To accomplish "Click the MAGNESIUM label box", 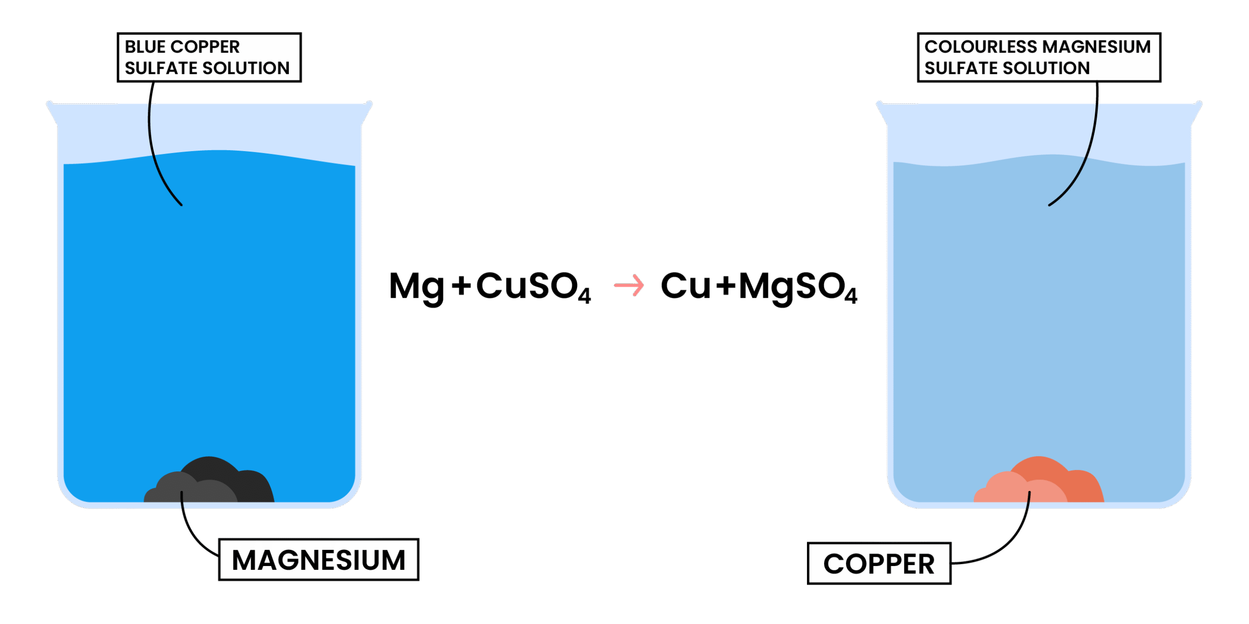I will click(318, 560).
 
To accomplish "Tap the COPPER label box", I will click(879, 564).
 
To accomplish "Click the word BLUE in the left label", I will click(145, 47).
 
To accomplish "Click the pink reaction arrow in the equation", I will click(628, 286).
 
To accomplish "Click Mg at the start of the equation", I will click(416, 287).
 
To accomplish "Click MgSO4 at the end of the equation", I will click(797, 287).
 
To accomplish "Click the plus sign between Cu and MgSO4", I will click(726, 286).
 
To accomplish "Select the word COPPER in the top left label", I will click(205, 47).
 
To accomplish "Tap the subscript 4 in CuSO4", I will click(584, 295).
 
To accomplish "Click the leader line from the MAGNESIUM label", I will click(190, 531).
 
